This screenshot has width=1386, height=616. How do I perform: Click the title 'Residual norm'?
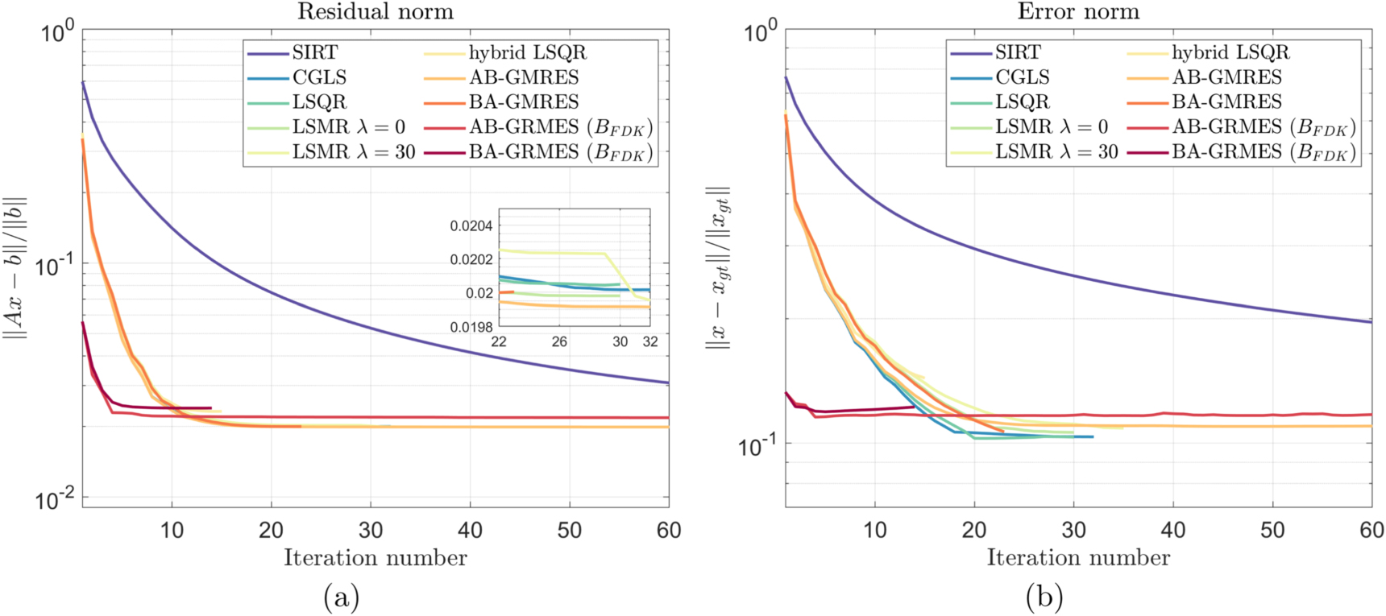pos(376,11)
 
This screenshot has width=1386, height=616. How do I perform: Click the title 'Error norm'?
pos(1078,11)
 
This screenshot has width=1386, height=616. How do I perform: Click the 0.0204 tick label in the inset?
pos(471,226)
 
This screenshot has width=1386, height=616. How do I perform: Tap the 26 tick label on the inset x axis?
pos(559,342)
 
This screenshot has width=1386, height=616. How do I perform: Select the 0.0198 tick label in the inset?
pos(471,327)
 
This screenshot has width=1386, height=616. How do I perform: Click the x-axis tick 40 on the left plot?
pos(470,530)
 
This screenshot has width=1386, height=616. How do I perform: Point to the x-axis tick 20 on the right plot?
pos(974,530)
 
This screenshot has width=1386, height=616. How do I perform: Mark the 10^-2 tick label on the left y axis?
pos(54,498)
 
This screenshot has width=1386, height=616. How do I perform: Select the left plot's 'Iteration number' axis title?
pos(376,558)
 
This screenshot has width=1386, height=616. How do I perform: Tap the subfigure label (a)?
pos(341,597)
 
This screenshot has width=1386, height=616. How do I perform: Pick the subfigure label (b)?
pos(1044,597)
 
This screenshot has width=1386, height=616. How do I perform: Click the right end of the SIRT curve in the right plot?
pos(1371,322)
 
